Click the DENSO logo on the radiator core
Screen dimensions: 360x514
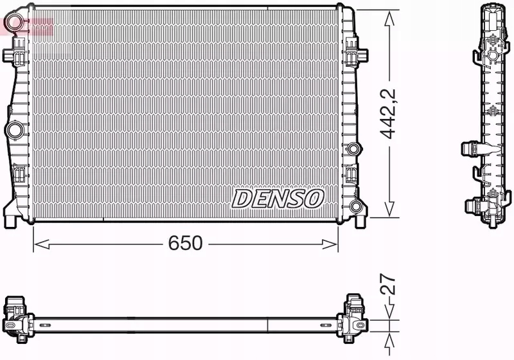pyautogui.click(x=277, y=199)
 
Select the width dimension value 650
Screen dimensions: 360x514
pyautogui.click(x=185, y=244)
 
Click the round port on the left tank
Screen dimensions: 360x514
pyautogui.click(x=13, y=130)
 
